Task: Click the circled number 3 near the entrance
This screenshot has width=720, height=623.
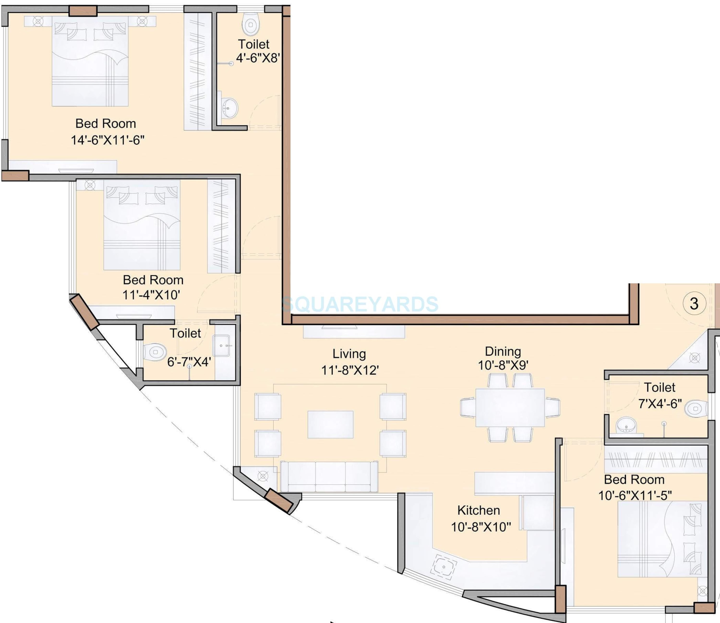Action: click(694, 304)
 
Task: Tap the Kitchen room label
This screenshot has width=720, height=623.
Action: click(479, 510)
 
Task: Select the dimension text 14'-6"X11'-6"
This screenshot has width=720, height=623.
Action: click(108, 140)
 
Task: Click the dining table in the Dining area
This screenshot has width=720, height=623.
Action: click(510, 407)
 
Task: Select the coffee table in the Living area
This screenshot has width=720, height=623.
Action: click(330, 424)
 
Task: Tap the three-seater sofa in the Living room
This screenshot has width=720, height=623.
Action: click(329, 476)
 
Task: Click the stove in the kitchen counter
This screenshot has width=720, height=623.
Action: click(444, 567)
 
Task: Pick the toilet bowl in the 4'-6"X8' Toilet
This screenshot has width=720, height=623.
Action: click(251, 24)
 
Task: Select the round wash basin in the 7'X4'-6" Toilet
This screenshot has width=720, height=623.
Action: click(626, 425)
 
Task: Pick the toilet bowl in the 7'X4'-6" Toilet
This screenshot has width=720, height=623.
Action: click(695, 408)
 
